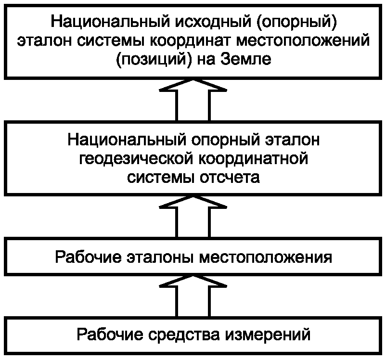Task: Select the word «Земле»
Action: tap(245, 59)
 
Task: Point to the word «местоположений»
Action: tap(303, 40)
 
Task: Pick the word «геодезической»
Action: tap(136, 159)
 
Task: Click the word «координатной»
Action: tap(253, 159)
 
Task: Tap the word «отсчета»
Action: tap(230, 177)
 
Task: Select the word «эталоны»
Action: tap(160, 257)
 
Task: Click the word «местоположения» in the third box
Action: tap(266, 257)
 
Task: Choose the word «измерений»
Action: tap(267, 334)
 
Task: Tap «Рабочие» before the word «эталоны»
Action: tap(88, 257)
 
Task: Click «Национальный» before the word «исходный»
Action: tap(110, 22)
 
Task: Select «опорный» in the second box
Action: tap(225, 140)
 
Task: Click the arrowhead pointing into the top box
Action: tap(193, 86)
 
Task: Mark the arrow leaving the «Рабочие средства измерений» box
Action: tap(193, 296)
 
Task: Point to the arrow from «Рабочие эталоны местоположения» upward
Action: tap(193, 217)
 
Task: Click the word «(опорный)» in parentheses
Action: tap(296, 22)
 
